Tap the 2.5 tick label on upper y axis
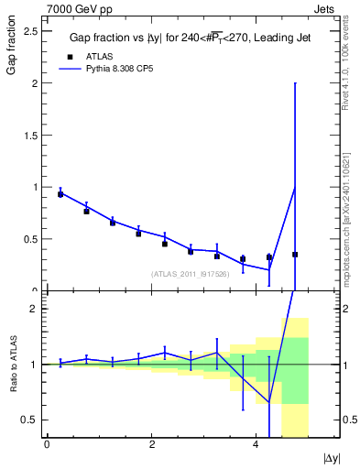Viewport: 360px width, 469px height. [30, 31]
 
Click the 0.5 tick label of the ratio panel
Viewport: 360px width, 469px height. [30, 420]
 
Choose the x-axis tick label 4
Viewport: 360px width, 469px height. [256, 445]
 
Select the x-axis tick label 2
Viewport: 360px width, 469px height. [151, 445]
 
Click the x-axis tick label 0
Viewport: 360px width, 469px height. [47, 445]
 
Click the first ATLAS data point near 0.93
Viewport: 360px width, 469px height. [60, 194]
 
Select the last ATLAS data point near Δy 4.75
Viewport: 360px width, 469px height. [295, 254]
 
